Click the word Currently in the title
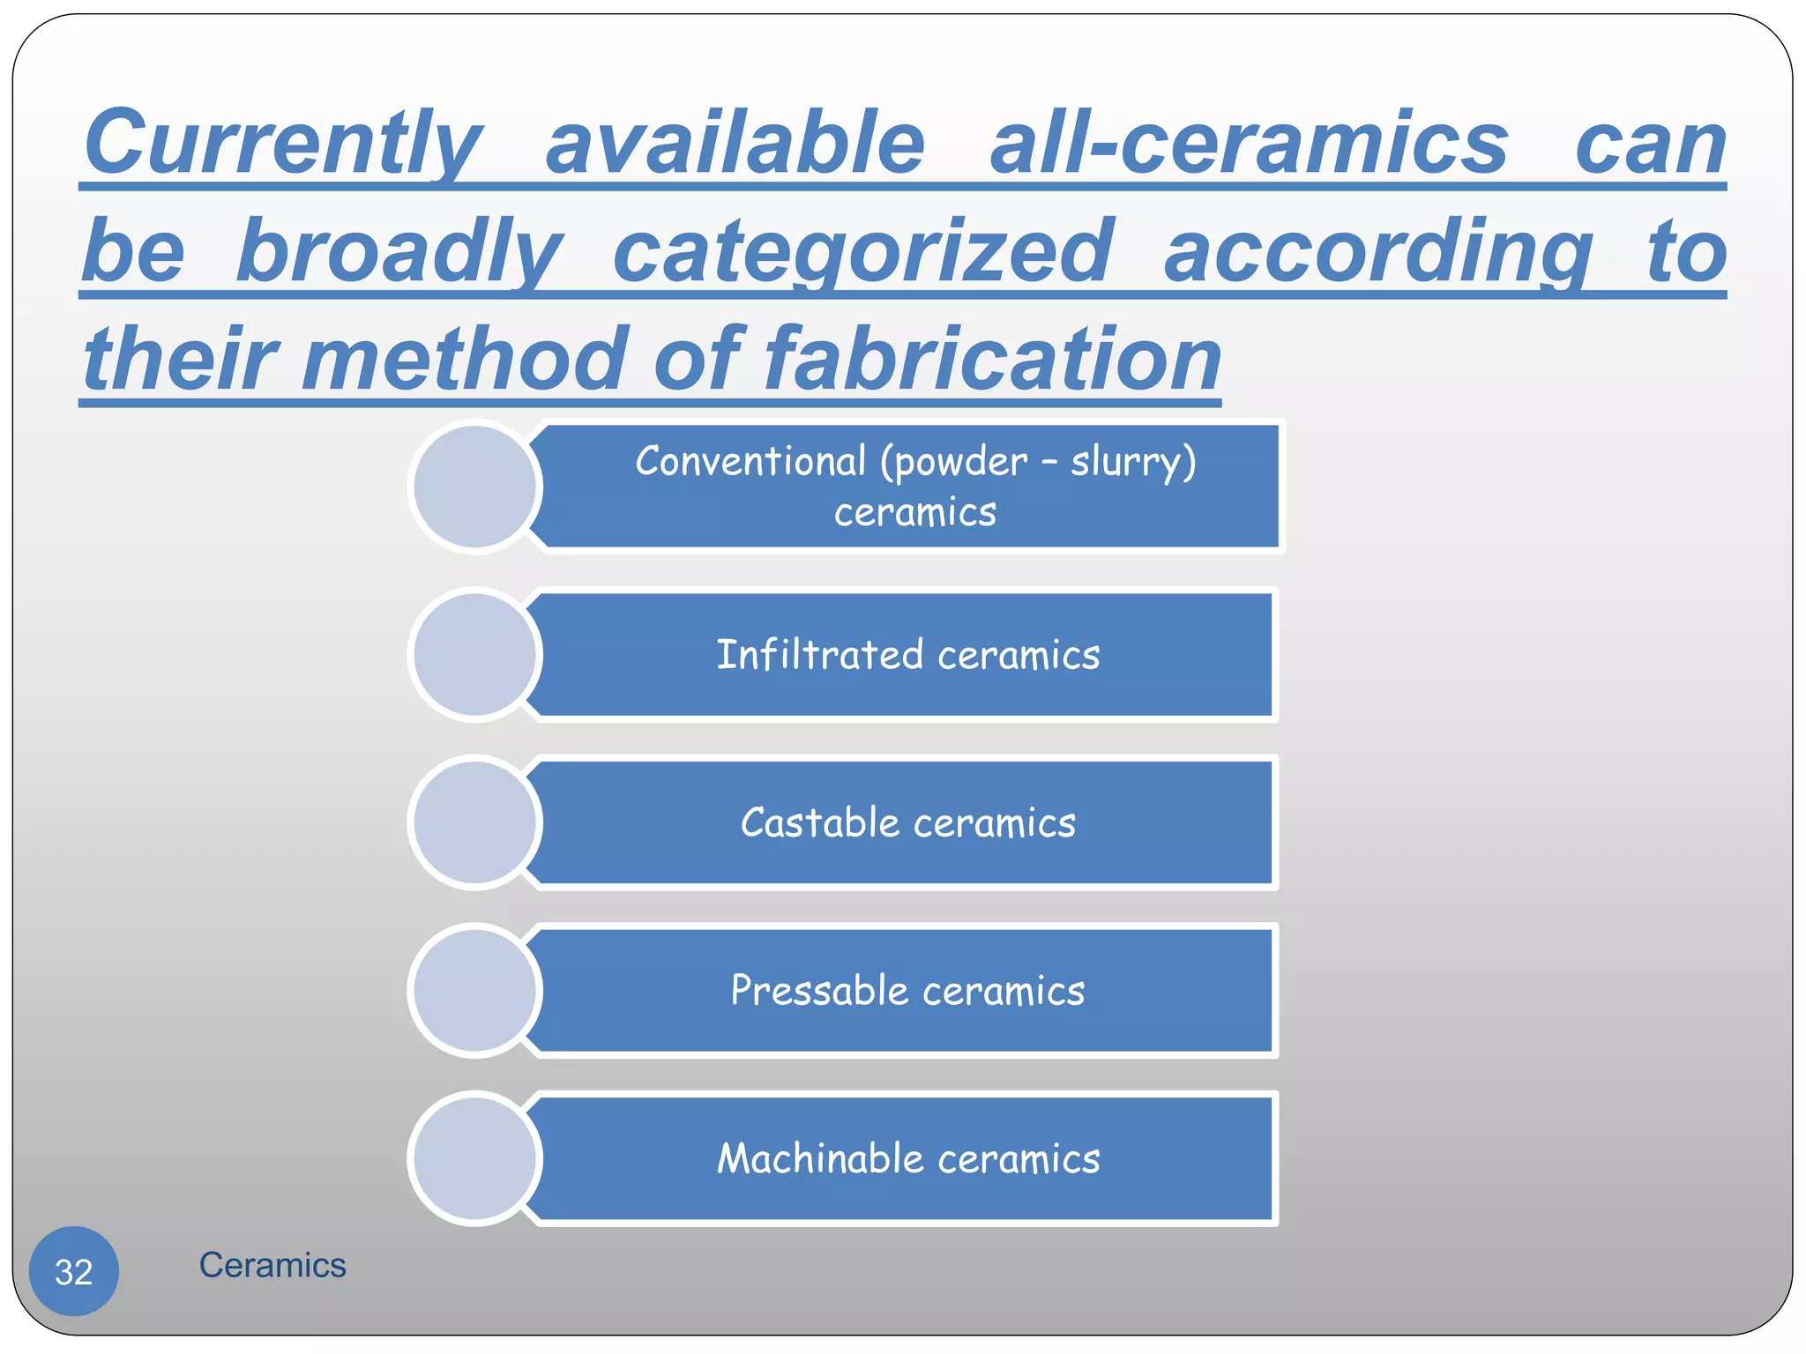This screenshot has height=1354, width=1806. (x=283, y=144)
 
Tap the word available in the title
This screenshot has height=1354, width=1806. (x=735, y=144)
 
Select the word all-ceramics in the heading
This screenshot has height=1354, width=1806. (x=1249, y=144)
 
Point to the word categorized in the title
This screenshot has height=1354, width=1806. (x=862, y=252)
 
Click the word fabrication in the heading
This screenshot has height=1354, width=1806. (x=992, y=360)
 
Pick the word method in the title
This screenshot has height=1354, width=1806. (x=466, y=360)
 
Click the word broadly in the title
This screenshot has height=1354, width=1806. (x=399, y=252)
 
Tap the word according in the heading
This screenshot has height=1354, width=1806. (x=1377, y=252)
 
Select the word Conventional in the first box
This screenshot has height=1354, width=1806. (x=751, y=462)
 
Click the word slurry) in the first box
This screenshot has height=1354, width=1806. (x=1133, y=462)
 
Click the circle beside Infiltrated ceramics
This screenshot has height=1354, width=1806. (x=475, y=655)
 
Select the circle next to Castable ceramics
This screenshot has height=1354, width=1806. (x=475, y=823)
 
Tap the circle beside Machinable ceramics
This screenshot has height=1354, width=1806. (x=475, y=1158)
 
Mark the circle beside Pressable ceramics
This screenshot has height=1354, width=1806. (x=475, y=991)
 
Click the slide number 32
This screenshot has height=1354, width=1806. (x=74, y=1271)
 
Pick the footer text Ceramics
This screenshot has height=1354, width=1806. (x=272, y=1265)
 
